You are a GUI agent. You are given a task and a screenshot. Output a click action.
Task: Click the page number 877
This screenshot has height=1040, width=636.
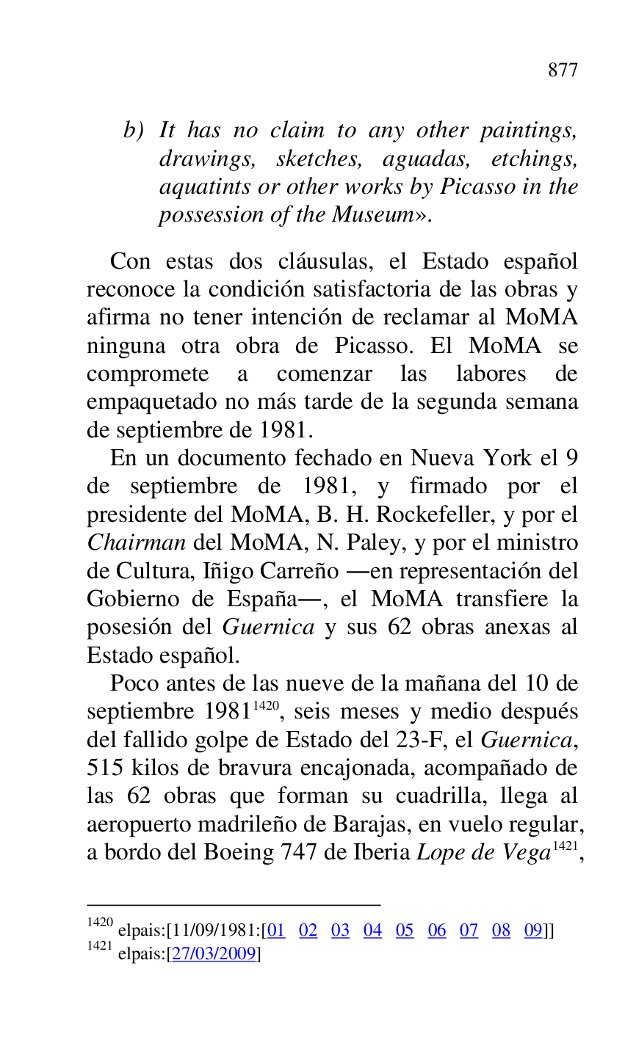coord(563,70)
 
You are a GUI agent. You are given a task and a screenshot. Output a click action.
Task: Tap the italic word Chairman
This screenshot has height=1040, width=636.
coord(136,543)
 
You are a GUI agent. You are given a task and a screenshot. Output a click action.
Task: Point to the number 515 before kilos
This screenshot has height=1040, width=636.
coord(105,768)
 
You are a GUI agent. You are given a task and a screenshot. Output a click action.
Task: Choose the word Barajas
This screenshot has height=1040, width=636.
coord(366,824)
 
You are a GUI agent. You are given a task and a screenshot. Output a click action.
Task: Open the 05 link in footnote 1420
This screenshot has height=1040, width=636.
coord(405,931)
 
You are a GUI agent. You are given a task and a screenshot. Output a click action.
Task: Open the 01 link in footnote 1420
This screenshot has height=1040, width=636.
coord(275,931)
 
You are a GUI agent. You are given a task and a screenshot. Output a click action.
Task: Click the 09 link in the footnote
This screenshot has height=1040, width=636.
coord(533,931)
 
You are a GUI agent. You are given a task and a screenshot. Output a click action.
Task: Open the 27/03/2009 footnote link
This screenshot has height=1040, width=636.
coord(214,954)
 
